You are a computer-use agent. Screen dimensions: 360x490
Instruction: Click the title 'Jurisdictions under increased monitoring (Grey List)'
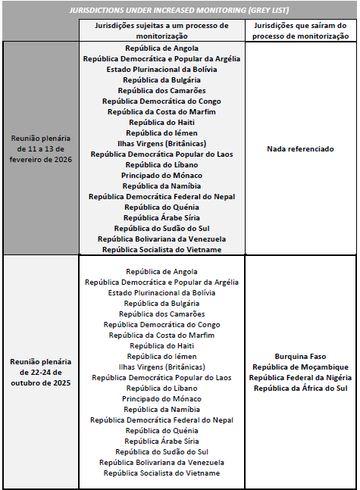[180, 11]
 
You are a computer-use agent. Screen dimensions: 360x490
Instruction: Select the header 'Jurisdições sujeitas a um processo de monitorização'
[161, 31]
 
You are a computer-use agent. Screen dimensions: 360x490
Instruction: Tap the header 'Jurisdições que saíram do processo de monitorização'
[300, 31]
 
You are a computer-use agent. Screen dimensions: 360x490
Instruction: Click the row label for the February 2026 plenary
[41, 149]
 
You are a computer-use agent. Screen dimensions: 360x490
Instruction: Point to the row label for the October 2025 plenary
[41, 372]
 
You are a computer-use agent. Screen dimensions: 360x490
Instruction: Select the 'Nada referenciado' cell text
[300, 149]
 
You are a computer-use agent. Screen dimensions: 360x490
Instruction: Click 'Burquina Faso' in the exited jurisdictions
[300, 356]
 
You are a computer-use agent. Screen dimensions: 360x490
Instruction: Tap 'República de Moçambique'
[300, 367]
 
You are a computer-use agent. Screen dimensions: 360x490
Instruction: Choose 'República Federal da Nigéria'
[300, 377]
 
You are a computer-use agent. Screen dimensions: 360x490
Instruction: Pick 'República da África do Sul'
[300, 388]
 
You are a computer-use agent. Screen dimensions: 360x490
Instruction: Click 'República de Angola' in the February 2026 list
[161, 48]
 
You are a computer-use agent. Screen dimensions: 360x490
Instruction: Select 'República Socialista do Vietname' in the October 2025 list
[161, 473]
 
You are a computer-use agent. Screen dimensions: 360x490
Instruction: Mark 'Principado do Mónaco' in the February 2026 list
[161, 175]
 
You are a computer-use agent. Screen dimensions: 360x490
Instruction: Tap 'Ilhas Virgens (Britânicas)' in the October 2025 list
[161, 367]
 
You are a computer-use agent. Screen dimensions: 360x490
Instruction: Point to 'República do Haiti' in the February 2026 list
[161, 122]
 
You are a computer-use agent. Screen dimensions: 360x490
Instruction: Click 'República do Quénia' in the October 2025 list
[161, 430]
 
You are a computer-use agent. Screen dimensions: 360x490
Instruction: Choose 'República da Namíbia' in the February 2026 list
[161, 186]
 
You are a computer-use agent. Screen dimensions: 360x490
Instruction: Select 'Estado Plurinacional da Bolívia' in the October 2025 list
[161, 292]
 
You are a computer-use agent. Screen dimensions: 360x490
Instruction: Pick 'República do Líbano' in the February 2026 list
[161, 164]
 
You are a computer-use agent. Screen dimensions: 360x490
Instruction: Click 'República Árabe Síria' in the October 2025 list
[161, 441]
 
